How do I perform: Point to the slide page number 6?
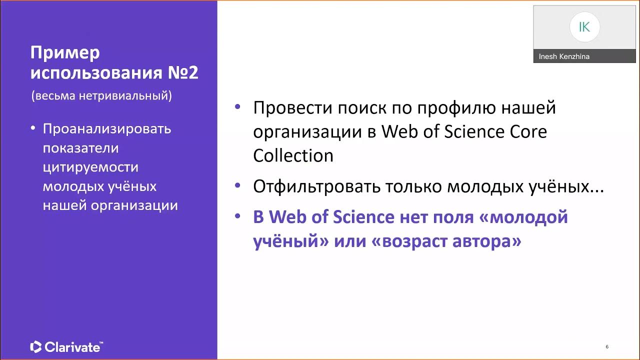coord(607,346)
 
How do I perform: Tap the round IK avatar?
coord(584,27)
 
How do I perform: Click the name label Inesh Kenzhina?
coord(564,56)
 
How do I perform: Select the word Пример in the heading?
coord(65,52)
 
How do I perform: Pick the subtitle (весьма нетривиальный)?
coord(101,96)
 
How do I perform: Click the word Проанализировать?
coord(107,129)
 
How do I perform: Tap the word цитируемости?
coord(90,167)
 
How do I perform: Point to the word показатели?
coord(80,148)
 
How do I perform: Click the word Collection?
coord(293,155)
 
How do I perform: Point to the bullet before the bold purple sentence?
coord(237,216)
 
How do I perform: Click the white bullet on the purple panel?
coord(33,128)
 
